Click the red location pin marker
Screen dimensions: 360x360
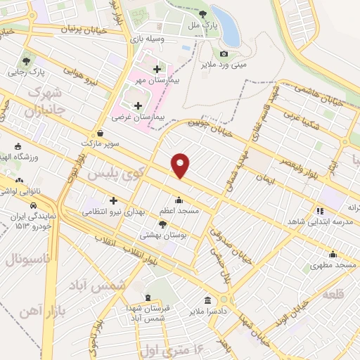[x=181, y=165]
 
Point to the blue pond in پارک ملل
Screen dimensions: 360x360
[x=225, y=18]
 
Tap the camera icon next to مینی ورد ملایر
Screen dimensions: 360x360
[x=224, y=53]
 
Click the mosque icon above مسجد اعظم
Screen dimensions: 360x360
[x=179, y=199]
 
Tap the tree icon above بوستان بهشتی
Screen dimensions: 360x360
[x=163, y=224]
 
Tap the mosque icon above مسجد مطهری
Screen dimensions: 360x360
[x=332, y=255]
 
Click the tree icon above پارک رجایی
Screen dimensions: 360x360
[x=27, y=61]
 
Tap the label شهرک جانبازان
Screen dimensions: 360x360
[x=45, y=102]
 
